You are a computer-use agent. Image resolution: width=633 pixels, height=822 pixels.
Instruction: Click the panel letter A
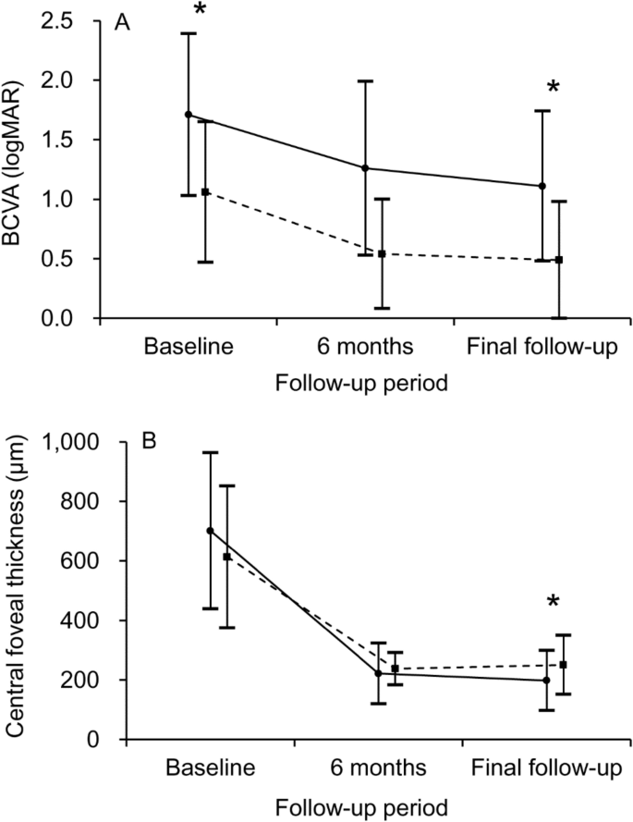[120, 25]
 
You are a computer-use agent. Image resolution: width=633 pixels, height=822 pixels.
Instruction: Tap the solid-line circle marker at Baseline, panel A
[189, 115]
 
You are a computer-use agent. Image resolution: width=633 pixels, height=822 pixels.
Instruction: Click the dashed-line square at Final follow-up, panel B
[563, 665]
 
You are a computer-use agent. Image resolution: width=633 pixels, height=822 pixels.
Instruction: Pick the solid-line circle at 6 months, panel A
[365, 168]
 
